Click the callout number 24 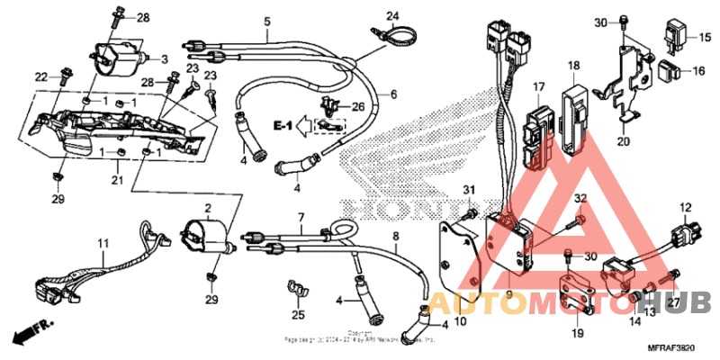coord(391,15)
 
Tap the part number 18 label coord(573,65)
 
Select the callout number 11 coord(103,243)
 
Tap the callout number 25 coord(298,315)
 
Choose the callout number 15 coord(705,37)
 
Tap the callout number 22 coord(41,76)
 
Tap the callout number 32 coord(580,198)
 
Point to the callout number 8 coord(394,237)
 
